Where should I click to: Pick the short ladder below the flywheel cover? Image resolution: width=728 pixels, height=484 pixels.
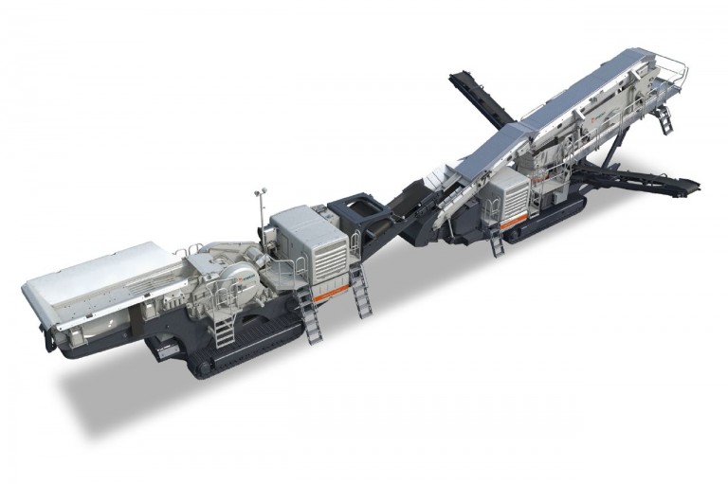coord(224,332)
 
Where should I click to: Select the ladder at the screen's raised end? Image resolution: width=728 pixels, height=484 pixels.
coord(664,118)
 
